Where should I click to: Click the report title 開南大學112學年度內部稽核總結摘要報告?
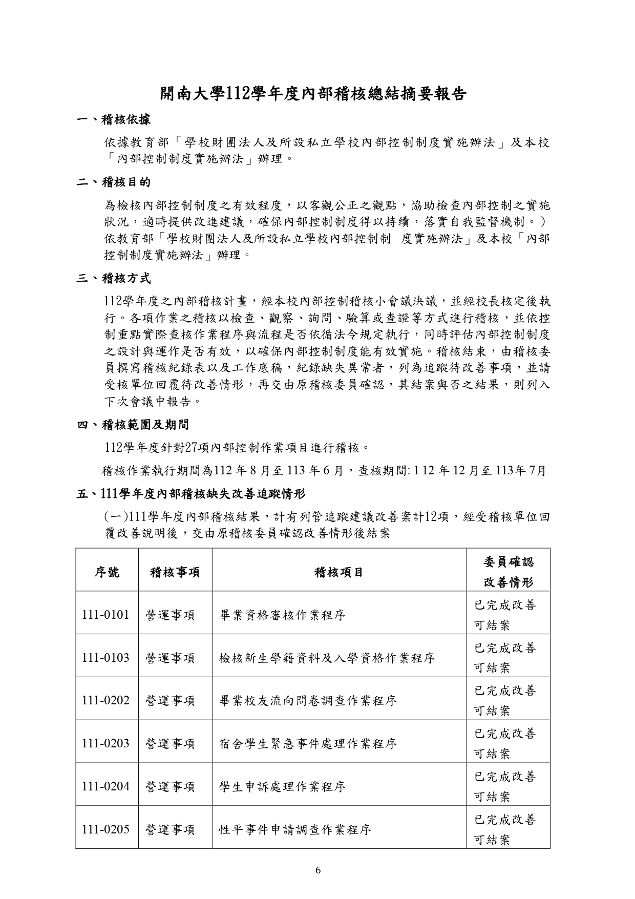pos(313,94)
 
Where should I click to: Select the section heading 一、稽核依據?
pos(113,120)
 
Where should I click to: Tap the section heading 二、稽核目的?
pos(113,182)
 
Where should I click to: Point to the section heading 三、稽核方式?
pos(113,279)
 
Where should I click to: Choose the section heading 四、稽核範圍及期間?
pos(133,425)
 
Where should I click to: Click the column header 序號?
pos(107,572)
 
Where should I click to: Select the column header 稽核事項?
pos(175,572)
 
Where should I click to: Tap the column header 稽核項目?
pos(339,572)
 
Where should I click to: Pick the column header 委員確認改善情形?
pos(508,572)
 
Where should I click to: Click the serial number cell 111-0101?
pos(106,615)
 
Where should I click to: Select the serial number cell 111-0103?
pos(106,658)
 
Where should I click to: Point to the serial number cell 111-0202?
pos(106,700)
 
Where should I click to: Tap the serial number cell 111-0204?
pos(106,786)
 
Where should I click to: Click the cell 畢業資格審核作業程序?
pos(282,615)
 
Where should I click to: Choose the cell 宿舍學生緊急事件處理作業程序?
pos(308,743)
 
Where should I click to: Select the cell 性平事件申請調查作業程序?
pos(295,829)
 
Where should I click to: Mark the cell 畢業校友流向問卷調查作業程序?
pos(308,700)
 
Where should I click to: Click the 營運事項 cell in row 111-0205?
pos(171,829)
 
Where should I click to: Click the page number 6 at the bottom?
pos(318,870)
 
